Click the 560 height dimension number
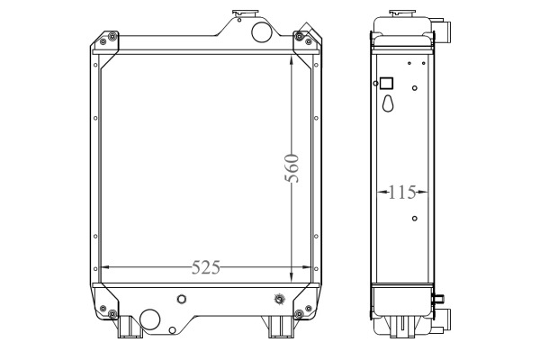pyautogui.click(x=292, y=168)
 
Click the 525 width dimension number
pyautogui.click(x=205, y=267)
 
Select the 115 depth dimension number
pyautogui.click(x=402, y=193)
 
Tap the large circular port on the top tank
pyautogui.click(x=262, y=32)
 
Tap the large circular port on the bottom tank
pyautogui.click(x=150, y=319)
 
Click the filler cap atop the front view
pyautogui.click(x=245, y=13)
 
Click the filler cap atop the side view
pyautogui.click(x=402, y=13)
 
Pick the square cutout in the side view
pyautogui.click(x=386, y=84)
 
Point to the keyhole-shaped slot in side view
pyautogui.click(x=388, y=103)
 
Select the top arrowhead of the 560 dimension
pyautogui.click(x=292, y=60)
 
